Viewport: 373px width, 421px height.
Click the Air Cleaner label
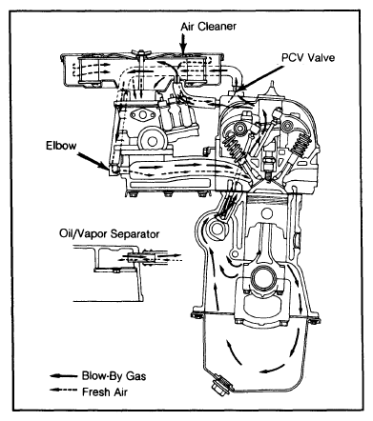coord(209,26)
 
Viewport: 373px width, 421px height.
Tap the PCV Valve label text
coord(308,57)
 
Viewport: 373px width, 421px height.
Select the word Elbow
coord(61,146)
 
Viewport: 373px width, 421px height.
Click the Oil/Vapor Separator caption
coord(109,234)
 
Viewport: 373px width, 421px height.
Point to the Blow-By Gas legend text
coord(114,376)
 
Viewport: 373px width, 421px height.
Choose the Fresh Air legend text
coord(105,391)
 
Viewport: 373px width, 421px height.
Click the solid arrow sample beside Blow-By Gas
coord(64,376)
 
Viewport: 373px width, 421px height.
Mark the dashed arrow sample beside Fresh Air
coord(64,391)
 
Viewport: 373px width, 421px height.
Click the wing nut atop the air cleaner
coord(140,55)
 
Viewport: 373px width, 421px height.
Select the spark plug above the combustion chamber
coord(269,164)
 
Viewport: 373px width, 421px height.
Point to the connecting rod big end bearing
coord(262,277)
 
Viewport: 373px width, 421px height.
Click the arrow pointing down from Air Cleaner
coord(183,44)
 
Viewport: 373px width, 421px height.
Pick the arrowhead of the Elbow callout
coord(107,166)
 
